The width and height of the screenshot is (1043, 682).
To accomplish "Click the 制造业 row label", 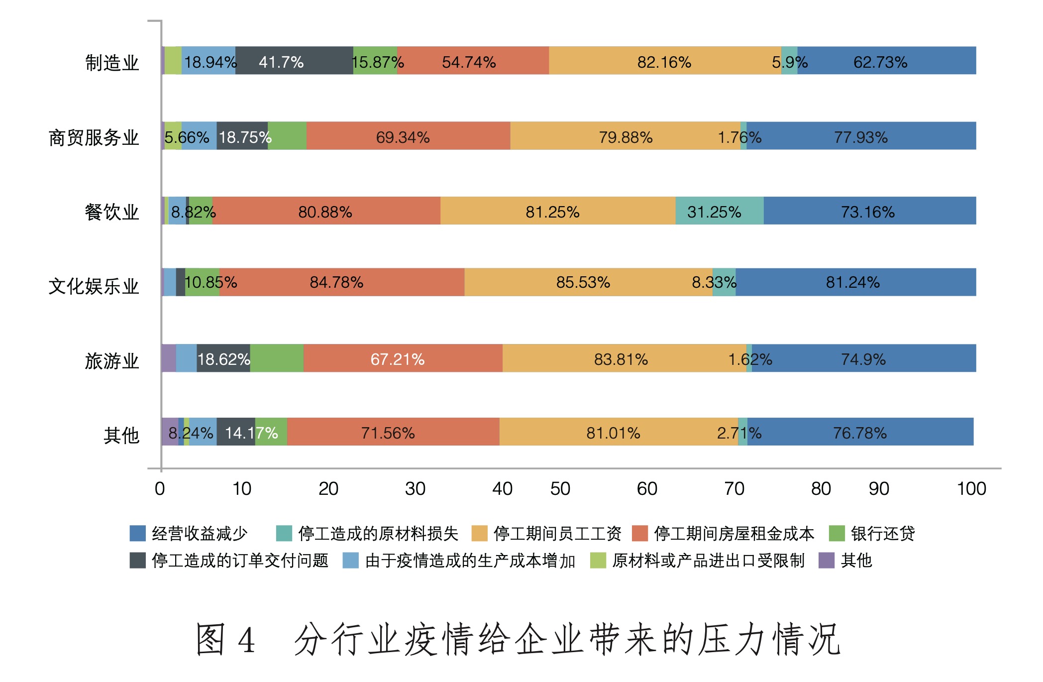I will (x=112, y=63).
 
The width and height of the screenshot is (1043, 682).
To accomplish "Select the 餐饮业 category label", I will (x=112, y=212).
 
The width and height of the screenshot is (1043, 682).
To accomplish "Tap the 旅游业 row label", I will (x=112, y=361).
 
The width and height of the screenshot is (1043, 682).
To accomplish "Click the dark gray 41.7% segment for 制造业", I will (x=294, y=61).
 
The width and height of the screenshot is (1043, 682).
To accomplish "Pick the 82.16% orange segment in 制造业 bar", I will (x=664, y=61).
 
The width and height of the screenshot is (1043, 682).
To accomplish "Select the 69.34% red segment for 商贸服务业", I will (x=408, y=136).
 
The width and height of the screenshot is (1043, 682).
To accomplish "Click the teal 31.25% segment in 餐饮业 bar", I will (x=719, y=211).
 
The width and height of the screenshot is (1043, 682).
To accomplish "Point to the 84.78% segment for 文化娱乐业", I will (x=341, y=282).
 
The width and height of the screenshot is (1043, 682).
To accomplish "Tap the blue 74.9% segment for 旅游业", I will (x=863, y=358).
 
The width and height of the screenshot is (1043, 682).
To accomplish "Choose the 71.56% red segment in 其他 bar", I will (x=393, y=432).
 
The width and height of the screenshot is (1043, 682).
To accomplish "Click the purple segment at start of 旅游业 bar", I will (x=169, y=358).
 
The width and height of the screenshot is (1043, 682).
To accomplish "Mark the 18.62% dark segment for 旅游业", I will (x=223, y=358).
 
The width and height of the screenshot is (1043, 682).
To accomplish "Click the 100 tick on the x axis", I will (x=971, y=489).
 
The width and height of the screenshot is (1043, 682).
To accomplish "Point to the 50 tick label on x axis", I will (x=560, y=489).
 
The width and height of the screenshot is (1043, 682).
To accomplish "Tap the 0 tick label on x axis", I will (x=160, y=489).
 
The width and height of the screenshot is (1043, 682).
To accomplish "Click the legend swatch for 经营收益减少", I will (x=137, y=533).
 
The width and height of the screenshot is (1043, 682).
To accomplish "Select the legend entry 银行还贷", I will (x=882, y=533).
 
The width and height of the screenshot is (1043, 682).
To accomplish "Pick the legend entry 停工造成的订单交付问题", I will (x=240, y=561).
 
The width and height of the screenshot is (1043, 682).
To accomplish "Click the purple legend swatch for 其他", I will (x=827, y=561).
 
